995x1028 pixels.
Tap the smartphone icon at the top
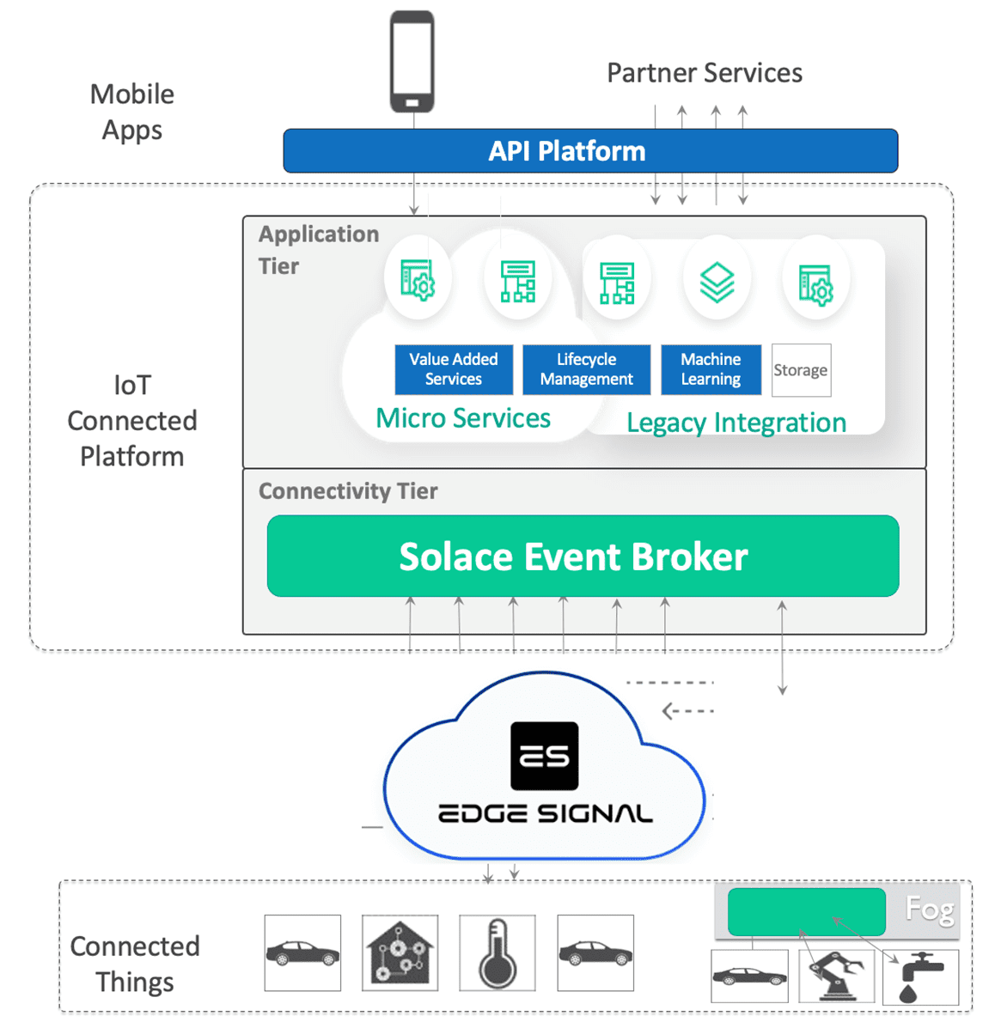pos(412,62)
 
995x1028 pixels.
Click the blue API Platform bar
pos(590,151)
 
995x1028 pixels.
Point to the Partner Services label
pos(705,73)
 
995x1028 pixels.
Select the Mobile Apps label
pos(132,112)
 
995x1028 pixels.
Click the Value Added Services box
pos(454,369)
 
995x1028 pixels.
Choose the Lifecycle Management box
pos(586,369)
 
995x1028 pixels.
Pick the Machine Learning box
pos(711,369)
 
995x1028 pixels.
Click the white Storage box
pos(801,370)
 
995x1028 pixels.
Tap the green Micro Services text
pos(463,418)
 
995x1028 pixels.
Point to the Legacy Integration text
pos(736,423)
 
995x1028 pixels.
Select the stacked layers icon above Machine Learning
pos(717,282)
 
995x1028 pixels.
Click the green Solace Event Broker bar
pos(583,557)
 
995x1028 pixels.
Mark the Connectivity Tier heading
pos(348,491)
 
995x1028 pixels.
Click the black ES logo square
pos(545,756)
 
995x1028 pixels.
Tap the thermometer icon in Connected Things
pos(497,953)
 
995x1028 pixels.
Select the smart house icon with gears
pos(400,953)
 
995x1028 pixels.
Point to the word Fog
pos(930,909)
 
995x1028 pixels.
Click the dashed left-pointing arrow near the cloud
pos(687,711)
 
